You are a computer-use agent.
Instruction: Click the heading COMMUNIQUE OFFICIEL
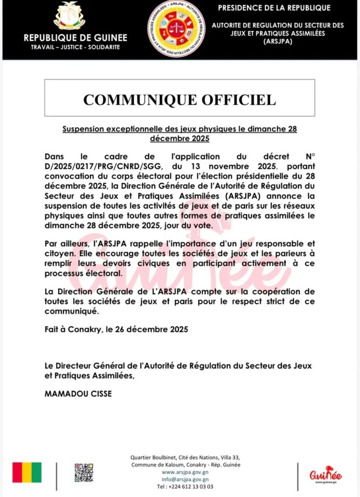pyautogui.click(x=179, y=99)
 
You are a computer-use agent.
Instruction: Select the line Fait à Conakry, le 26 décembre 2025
pyautogui.click(x=116, y=329)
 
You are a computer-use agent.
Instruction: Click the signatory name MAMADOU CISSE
pyautogui.click(x=78, y=394)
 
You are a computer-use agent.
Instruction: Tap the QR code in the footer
pyautogui.click(x=84, y=472)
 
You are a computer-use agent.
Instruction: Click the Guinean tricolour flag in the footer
pyautogui.click(x=27, y=472)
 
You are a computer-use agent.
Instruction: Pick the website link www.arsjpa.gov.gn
pyautogui.click(x=185, y=471)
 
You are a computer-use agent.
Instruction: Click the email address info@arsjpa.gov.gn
pyautogui.click(x=185, y=479)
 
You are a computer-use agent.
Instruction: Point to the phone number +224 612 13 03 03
pyautogui.click(x=185, y=486)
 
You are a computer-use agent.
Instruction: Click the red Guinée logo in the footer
pyautogui.click(x=326, y=473)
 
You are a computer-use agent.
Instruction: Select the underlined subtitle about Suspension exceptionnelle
pyautogui.click(x=179, y=134)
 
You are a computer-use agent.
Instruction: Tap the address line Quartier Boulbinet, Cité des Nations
pyautogui.click(x=185, y=457)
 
